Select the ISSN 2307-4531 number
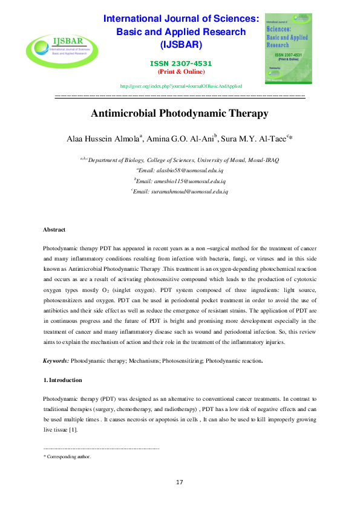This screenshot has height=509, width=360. click(182, 64)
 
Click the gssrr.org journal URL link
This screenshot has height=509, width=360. click(182, 86)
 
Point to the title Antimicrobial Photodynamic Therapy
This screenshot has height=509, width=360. click(180, 113)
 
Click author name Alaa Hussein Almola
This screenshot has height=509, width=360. click(103, 139)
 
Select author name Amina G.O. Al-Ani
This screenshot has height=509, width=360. click(180, 139)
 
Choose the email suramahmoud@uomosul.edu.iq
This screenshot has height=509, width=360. click(183, 191)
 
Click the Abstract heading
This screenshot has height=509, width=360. click(54, 230)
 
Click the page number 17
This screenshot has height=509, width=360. click(180, 482)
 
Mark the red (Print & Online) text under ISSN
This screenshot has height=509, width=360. click(182, 71)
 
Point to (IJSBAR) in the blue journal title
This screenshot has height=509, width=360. click(182, 44)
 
